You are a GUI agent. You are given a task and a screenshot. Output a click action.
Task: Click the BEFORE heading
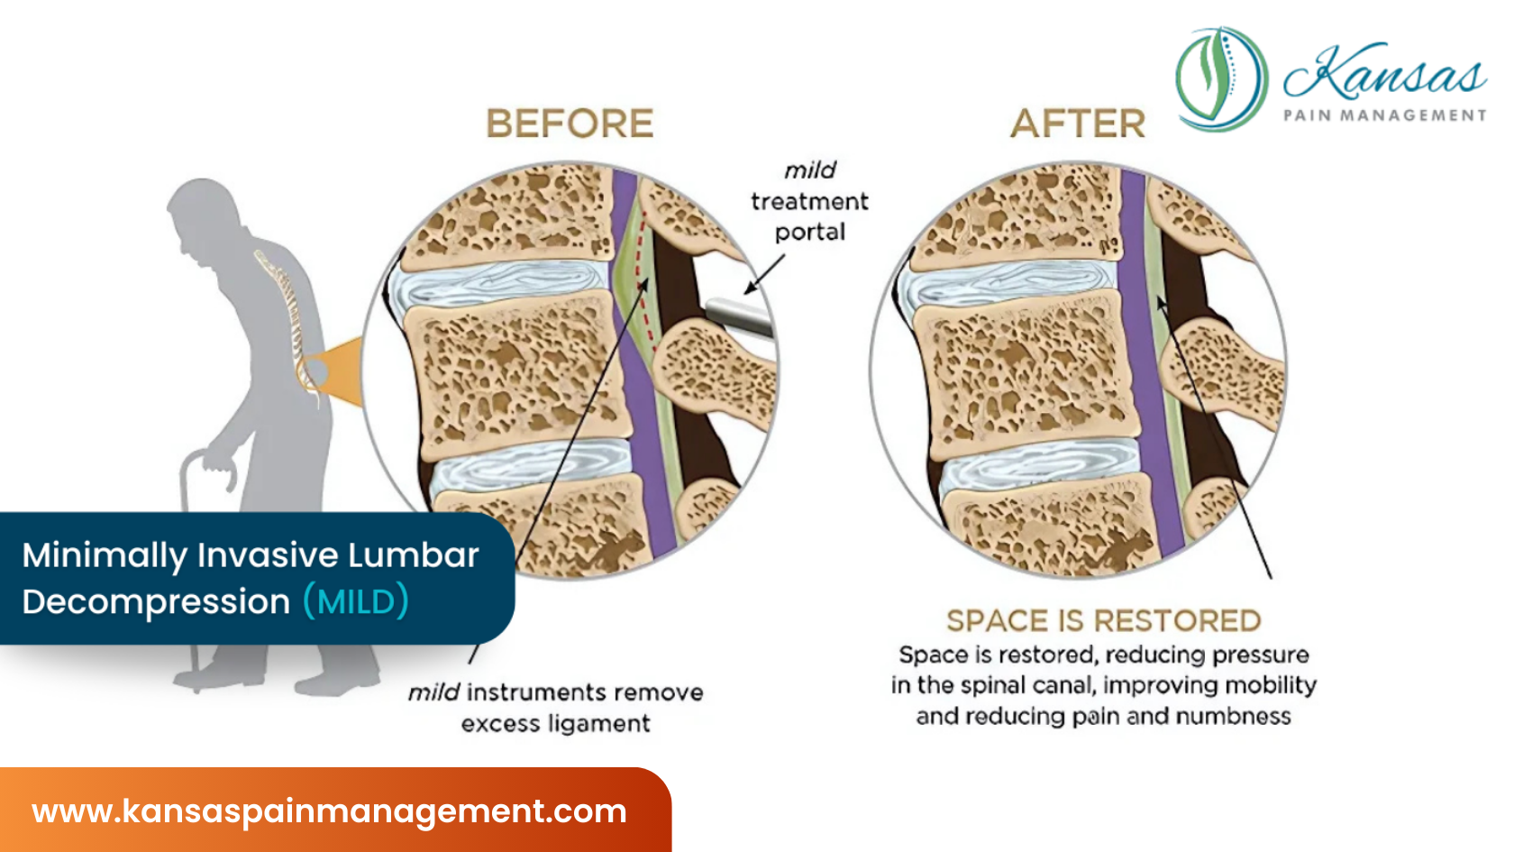click(x=570, y=124)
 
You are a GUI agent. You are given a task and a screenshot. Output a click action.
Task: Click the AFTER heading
click(x=1078, y=124)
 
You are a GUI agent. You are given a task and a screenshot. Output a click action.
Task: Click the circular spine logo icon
click(x=1221, y=78)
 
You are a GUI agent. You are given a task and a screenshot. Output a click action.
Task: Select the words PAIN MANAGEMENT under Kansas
click(x=1384, y=115)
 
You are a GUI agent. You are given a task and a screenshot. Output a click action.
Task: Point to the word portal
click(x=810, y=233)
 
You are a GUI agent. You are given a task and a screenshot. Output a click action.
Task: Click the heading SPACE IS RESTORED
click(x=1103, y=620)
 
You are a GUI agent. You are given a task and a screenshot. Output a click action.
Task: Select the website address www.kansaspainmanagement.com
click(x=329, y=811)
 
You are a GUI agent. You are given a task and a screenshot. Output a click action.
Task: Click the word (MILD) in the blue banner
click(x=356, y=601)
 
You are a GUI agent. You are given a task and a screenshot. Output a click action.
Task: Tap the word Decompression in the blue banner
click(x=156, y=601)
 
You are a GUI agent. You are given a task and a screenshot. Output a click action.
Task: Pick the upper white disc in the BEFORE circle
click(x=505, y=286)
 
